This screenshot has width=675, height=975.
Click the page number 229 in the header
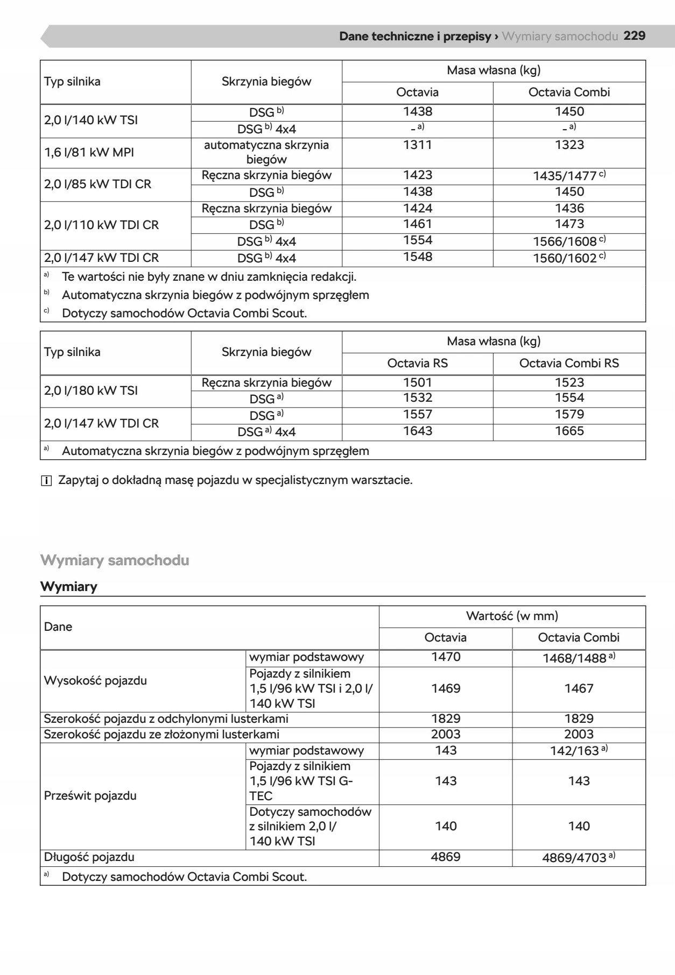click(634, 36)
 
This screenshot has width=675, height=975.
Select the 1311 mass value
click(417, 145)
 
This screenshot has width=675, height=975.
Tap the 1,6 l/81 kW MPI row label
click(89, 152)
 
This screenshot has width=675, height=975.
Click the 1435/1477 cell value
click(565, 176)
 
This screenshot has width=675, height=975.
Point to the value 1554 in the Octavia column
click(417, 240)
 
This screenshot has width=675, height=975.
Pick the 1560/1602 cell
click(565, 258)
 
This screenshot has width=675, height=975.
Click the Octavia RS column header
click(417, 363)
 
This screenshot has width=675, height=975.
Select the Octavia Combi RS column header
click(569, 363)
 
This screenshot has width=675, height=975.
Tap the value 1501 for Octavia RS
click(417, 382)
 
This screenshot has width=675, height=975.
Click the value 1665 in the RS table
click(569, 431)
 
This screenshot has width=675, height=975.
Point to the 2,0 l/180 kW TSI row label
click(91, 390)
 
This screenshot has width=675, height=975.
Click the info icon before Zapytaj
click(46, 481)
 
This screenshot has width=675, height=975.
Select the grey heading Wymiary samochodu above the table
click(115, 560)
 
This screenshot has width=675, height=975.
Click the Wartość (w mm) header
click(512, 616)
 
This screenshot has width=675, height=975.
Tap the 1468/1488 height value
click(574, 658)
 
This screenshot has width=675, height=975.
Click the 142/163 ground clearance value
click(574, 751)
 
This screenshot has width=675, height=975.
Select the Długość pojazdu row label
click(89, 857)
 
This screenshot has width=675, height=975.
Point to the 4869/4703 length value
click(574, 857)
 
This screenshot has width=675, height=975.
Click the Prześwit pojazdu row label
click(90, 795)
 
